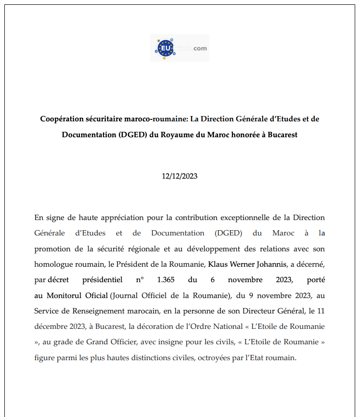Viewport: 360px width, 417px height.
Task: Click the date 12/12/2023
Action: [x=180, y=176]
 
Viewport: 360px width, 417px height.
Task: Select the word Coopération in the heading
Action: [x=64, y=119]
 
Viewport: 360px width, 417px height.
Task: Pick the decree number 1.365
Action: [x=166, y=280]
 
